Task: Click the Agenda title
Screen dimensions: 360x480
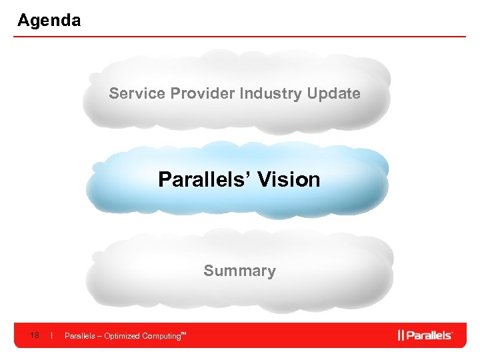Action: click(49, 21)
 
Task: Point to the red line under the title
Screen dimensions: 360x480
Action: click(240, 37)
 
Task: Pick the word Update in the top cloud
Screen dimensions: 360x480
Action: click(333, 93)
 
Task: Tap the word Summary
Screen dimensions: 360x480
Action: click(239, 271)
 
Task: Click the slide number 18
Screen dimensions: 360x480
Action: click(35, 335)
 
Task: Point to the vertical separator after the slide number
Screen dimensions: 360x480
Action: click(52, 335)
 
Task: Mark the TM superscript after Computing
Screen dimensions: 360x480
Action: click(183, 333)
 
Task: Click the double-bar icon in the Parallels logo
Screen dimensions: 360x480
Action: click(401, 335)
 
